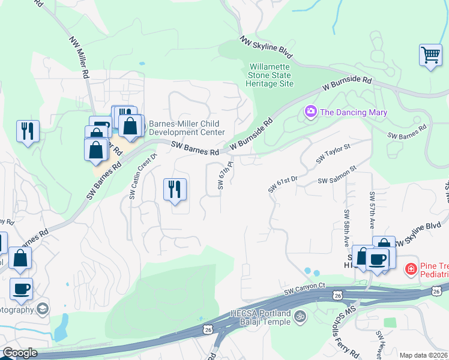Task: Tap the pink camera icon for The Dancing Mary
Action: (311, 112)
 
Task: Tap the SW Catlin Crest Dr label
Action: (134, 176)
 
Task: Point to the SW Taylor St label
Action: (333, 154)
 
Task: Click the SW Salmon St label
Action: (337, 180)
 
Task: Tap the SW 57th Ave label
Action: (372, 209)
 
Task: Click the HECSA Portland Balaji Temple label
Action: (261, 317)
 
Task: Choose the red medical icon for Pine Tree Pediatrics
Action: (411, 269)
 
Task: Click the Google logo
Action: (20, 353)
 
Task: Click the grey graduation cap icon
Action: (43, 309)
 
